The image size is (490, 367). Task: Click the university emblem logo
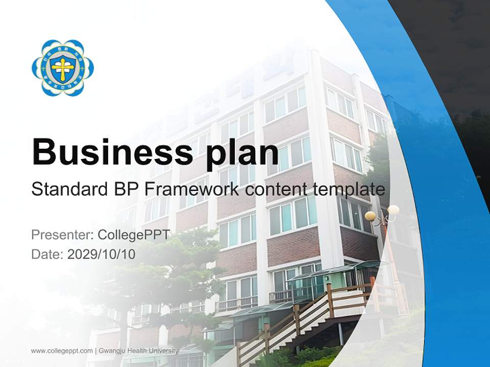(63, 67)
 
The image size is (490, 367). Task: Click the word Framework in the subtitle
(192, 190)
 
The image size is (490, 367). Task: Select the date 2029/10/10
(101, 254)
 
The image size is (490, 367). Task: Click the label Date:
(47, 254)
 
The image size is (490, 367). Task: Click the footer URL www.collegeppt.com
(62, 351)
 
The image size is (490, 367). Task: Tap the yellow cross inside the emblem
(62, 68)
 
